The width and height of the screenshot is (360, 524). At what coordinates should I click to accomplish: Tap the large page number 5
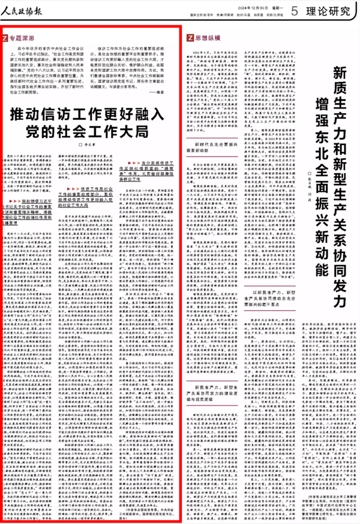pos(295,10)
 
